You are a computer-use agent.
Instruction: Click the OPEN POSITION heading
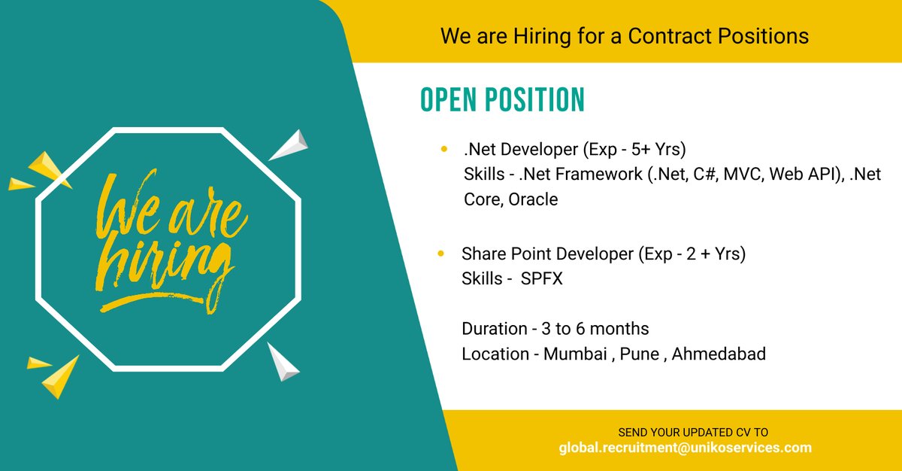(501, 101)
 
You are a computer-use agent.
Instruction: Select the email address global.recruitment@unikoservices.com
(685, 448)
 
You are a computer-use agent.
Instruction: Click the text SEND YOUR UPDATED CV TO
(692, 433)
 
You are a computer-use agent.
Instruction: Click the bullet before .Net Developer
(443, 150)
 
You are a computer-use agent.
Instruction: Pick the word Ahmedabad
(719, 354)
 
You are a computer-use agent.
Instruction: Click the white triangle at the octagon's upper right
(290, 145)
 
